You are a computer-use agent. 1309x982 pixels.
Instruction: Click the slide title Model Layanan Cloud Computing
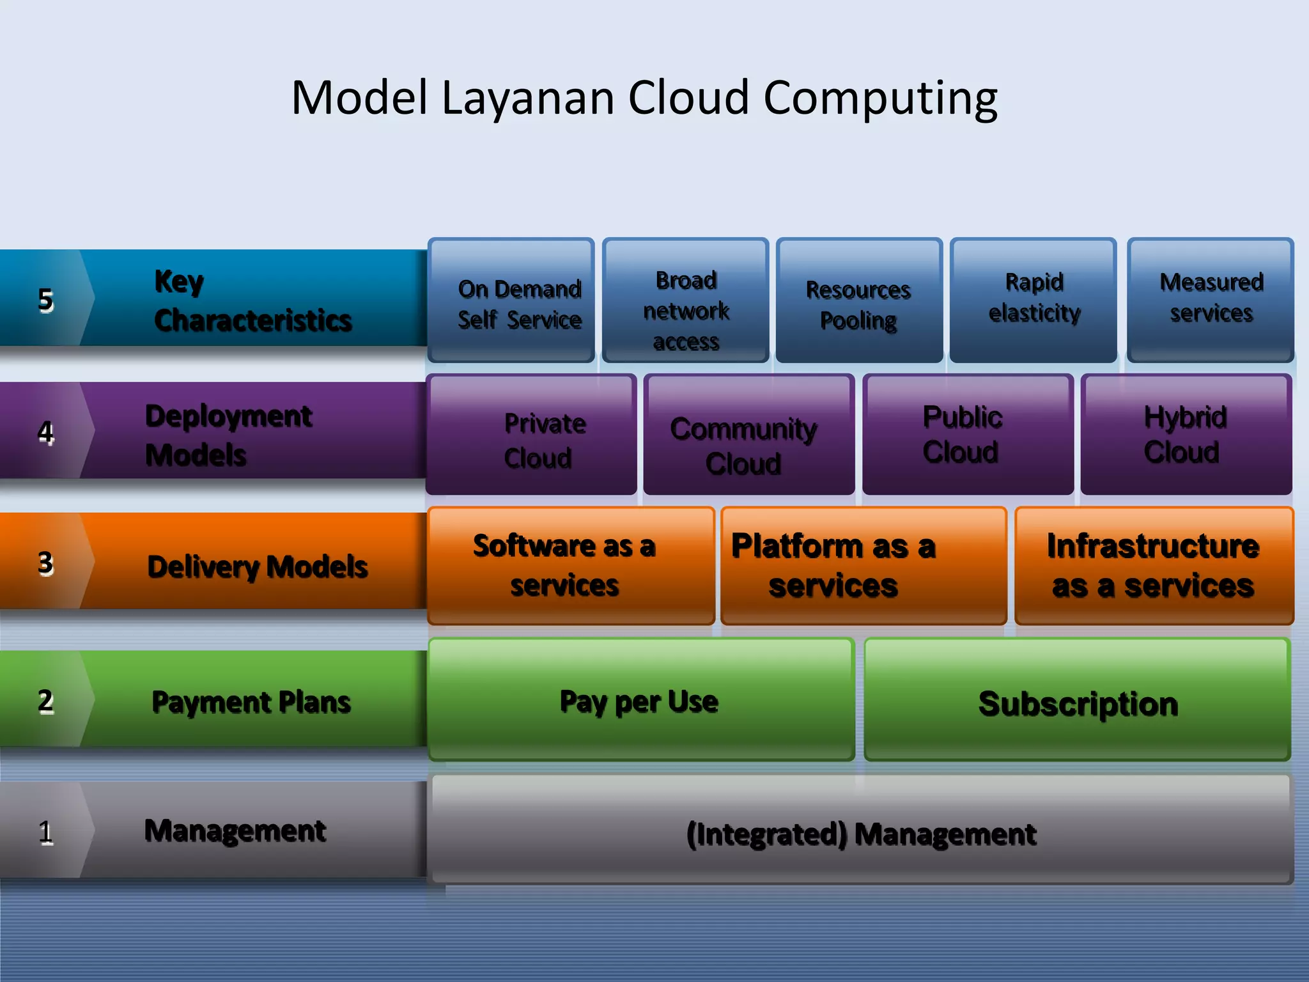(x=644, y=98)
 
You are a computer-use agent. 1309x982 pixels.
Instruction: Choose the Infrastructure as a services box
(x=1154, y=566)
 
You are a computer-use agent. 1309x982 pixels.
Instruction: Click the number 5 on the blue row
(x=45, y=299)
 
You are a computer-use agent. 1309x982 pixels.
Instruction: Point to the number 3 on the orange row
(x=45, y=563)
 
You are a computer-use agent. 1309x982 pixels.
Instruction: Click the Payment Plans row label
(x=251, y=701)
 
